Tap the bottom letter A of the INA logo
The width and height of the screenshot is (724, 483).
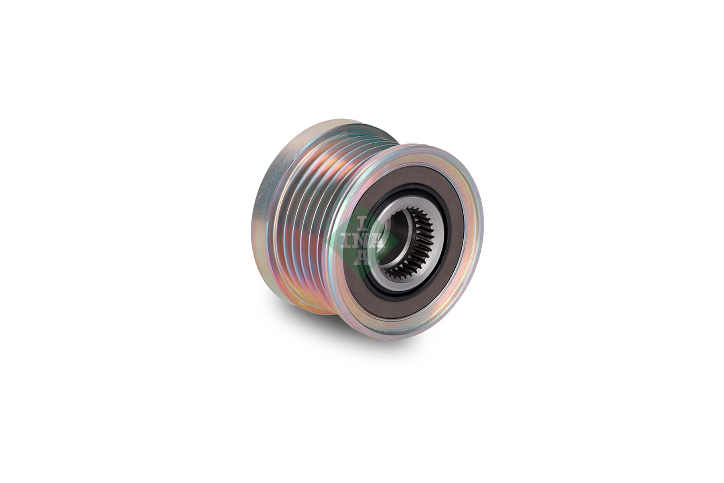[x=363, y=258]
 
